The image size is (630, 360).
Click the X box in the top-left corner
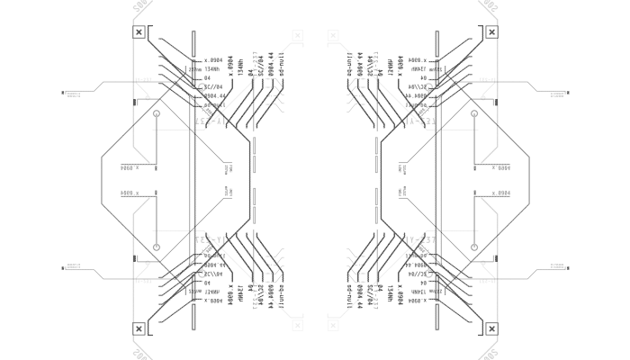139,32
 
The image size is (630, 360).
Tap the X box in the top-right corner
491,32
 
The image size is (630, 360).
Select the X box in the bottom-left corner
139,328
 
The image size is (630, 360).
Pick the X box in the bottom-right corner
491,328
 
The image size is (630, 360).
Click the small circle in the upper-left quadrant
157,114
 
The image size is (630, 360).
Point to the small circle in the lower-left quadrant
157,247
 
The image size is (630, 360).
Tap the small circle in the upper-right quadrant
473,114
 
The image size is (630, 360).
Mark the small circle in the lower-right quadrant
473,247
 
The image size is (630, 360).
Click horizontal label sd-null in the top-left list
214,104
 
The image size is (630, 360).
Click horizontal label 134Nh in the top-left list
209,69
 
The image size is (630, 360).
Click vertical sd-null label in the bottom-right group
349,296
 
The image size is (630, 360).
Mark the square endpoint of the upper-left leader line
63,92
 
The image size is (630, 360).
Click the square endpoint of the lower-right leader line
567,268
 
